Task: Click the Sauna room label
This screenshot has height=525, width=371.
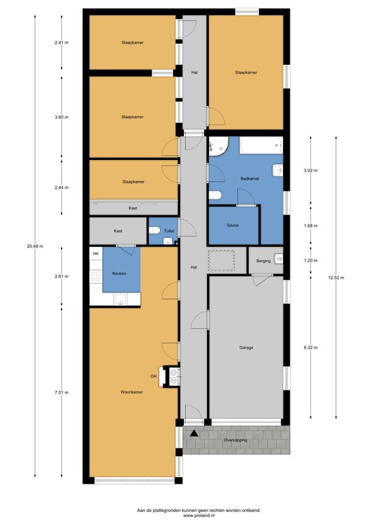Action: tap(232, 226)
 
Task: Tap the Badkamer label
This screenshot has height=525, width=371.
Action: tap(250, 179)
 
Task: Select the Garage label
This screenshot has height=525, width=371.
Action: tap(246, 347)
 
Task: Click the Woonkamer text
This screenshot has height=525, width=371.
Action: tap(131, 392)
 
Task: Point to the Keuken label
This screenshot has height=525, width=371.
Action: tap(119, 273)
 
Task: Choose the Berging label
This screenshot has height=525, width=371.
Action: tap(263, 261)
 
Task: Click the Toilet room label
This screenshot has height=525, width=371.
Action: tap(169, 231)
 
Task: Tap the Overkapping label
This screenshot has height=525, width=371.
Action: tap(236, 440)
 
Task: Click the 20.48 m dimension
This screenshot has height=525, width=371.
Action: tap(35, 246)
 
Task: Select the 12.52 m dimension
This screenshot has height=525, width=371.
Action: tap(336, 278)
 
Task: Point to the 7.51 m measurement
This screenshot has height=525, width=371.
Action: tap(61, 392)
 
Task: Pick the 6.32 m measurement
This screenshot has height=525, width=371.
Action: tap(311, 347)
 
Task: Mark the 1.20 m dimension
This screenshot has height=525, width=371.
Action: tap(311, 260)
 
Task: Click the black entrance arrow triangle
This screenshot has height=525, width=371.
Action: tap(193, 433)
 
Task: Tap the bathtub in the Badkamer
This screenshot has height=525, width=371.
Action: tap(261, 146)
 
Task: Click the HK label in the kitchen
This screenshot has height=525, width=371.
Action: tap(96, 254)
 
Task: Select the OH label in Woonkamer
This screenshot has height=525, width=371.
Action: tap(154, 377)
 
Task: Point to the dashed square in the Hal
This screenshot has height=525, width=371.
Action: tap(222, 260)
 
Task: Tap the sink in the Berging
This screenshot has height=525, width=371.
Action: tap(278, 259)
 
